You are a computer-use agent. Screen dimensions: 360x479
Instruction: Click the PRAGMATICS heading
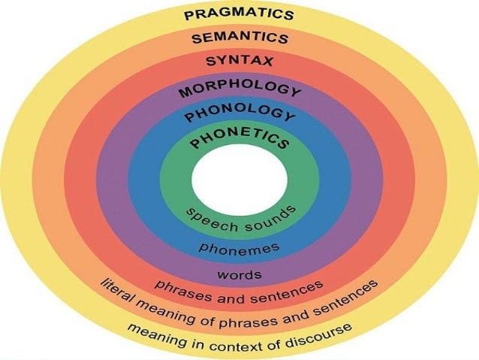(239, 14)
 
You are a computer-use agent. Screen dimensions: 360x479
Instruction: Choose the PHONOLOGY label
(239, 116)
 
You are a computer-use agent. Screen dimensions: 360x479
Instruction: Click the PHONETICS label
(239, 139)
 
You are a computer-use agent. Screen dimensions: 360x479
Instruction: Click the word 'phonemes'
(239, 247)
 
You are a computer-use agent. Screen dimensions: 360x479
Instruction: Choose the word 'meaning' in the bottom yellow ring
(153, 331)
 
